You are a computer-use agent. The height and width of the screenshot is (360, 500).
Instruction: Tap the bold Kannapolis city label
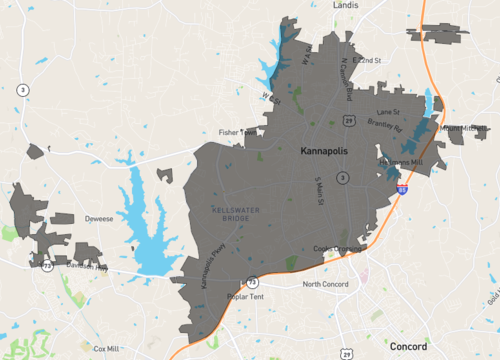(335, 152)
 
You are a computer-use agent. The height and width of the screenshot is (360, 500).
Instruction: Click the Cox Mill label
(107, 348)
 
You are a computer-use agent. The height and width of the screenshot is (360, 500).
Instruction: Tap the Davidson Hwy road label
(85, 268)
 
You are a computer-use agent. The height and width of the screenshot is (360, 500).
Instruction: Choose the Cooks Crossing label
(336, 249)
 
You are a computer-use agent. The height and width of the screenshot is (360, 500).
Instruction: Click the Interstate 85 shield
(402, 187)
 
